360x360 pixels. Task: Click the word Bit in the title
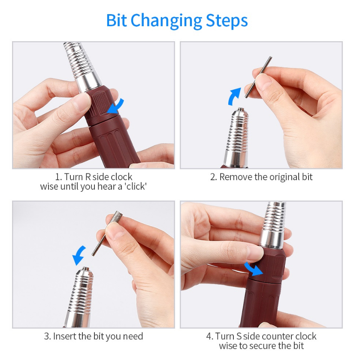click(116, 21)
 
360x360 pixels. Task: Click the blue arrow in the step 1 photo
click(116, 107)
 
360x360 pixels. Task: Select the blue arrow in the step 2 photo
click(234, 96)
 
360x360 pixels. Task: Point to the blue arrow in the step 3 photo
click(79, 255)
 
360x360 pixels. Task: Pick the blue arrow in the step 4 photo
click(253, 269)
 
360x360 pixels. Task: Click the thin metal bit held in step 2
click(258, 77)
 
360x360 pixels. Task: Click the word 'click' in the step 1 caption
click(136, 186)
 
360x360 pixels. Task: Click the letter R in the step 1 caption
click(88, 177)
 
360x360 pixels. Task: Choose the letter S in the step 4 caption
click(239, 336)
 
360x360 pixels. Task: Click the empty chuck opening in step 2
click(240, 109)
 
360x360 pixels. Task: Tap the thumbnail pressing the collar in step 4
click(256, 252)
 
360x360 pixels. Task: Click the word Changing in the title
click(166, 21)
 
